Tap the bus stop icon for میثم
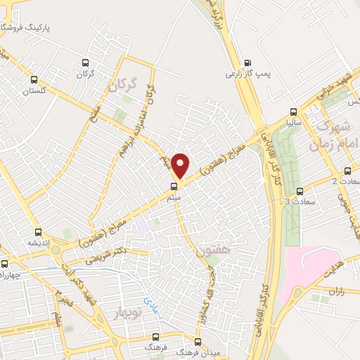click(172, 186)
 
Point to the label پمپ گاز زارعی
click(245, 72)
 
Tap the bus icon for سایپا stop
click(295, 111)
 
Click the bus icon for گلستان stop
click(34, 79)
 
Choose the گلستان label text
click(33, 91)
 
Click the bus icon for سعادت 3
click(300, 191)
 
